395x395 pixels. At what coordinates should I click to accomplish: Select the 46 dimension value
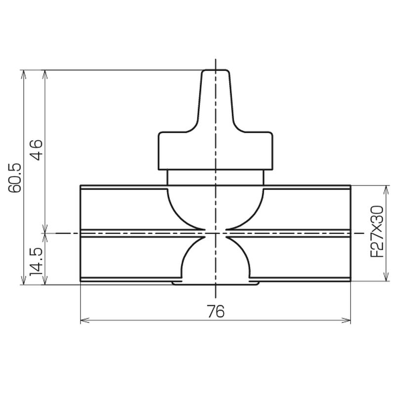pos(36,150)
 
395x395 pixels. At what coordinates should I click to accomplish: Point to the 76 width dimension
pos(215,311)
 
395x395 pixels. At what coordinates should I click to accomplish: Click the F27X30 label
pos(377,232)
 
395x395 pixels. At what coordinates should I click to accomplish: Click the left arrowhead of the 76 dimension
pos(84,320)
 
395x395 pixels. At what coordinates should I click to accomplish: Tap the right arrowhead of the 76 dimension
pos(347,320)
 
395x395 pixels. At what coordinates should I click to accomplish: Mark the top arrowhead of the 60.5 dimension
pos(23,75)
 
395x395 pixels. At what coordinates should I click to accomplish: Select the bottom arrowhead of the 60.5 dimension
pos(23,280)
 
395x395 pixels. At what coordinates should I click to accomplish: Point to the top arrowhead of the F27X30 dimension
pos(386,190)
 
